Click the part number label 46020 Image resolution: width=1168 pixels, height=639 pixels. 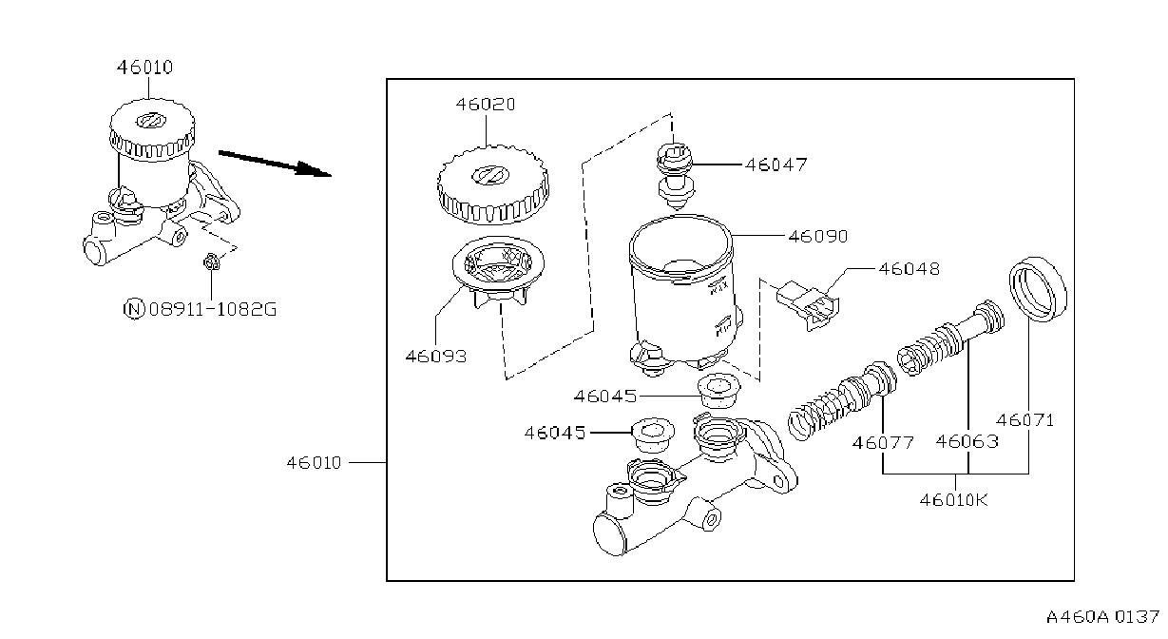click(x=486, y=105)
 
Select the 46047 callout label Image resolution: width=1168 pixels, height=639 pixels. click(x=775, y=165)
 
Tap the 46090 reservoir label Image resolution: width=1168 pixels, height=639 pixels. click(x=818, y=237)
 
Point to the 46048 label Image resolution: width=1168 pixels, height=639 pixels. click(x=909, y=269)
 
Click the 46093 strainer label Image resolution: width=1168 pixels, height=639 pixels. click(x=436, y=357)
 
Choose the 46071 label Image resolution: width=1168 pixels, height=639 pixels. click(x=1025, y=420)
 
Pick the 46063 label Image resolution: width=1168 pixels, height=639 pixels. click(x=967, y=441)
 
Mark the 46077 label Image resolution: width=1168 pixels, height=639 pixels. click(x=883, y=443)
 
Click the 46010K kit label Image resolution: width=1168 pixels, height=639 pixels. click(x=953, y=500)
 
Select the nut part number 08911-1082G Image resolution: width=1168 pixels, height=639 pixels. click(x=213, y=310)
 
